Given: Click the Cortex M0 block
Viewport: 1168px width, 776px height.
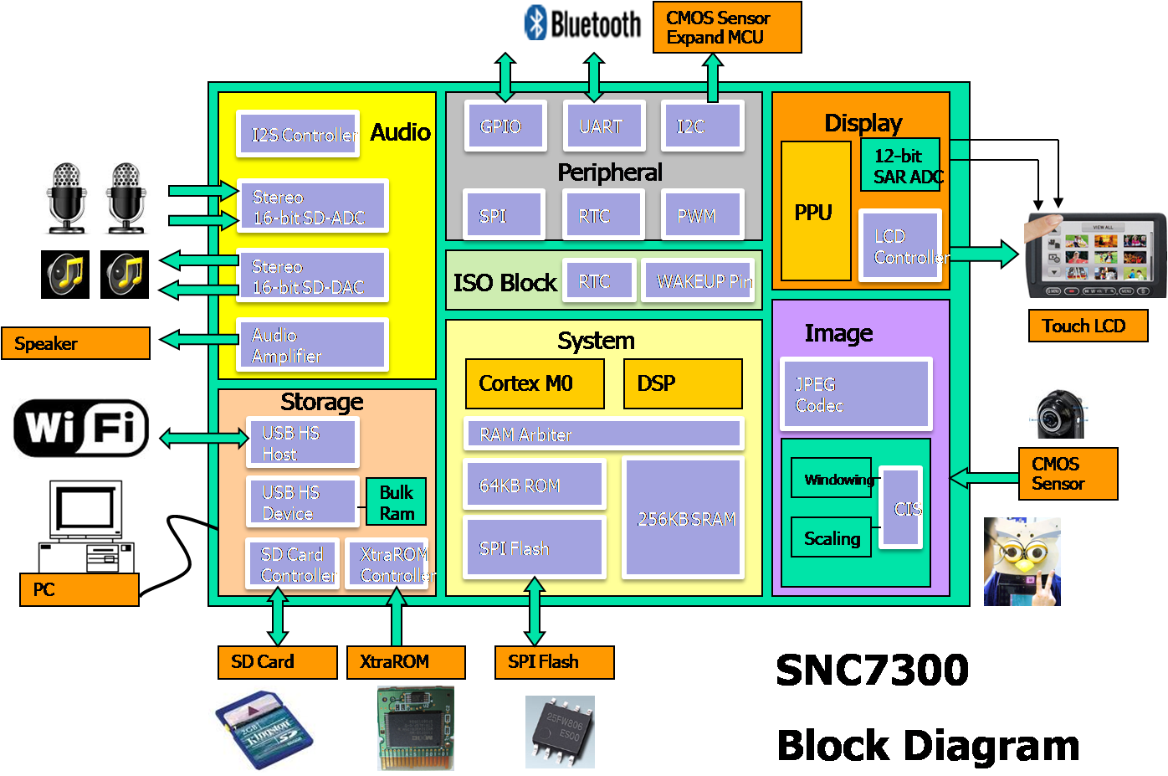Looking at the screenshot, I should tap(535, 383).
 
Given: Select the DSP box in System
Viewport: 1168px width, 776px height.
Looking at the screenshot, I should tap(683, 383).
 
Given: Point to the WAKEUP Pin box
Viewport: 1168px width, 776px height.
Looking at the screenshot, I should tap(701, 281).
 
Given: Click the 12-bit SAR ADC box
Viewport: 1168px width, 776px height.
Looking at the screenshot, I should tap(900, 166).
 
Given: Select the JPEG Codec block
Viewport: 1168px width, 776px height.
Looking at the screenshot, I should tap(855, 394).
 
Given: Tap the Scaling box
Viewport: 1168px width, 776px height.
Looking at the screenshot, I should tap(831, 538).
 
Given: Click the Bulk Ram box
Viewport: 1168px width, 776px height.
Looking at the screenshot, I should tap(396, 502).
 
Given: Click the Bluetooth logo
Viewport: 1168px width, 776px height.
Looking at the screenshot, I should tap(582, 23).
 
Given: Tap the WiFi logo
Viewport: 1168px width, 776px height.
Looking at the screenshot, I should tap(81, 428).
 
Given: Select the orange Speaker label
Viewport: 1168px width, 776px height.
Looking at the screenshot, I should tap(75, 343).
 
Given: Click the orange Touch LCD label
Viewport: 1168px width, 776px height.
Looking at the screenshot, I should tap(1088, 326).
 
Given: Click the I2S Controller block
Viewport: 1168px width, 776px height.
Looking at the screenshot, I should tap(298, 135).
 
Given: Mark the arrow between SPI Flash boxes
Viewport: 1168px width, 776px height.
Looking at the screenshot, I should tap(535, 612).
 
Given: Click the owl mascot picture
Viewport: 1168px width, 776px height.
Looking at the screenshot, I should tap(1022, 561).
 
